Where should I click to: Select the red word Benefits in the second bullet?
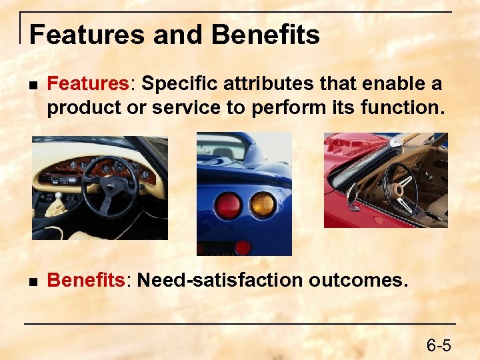pos(85,280)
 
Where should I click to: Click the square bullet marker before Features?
pos(32,85)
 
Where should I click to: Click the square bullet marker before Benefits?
pos(32,281)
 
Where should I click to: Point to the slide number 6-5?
pos(439,345)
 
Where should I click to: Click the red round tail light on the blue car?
pos(229,205)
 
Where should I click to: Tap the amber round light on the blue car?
pos(263,205)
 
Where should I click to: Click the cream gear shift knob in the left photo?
pos(59,200)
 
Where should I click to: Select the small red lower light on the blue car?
pos(243,247)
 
